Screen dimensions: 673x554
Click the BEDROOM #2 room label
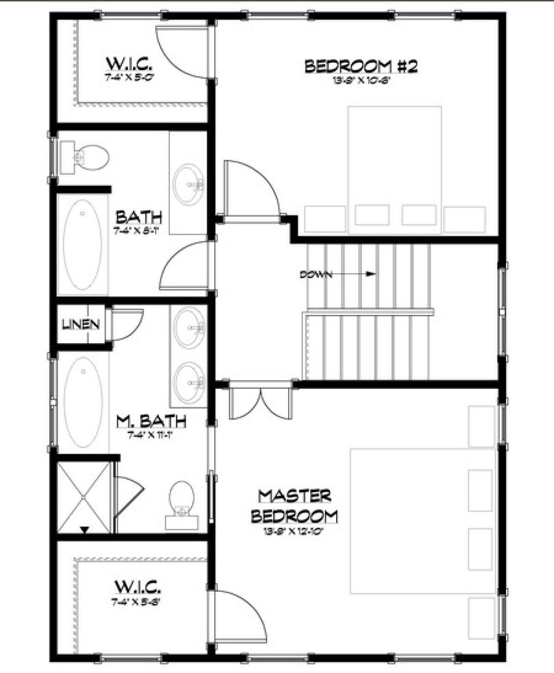[x=361, y=66]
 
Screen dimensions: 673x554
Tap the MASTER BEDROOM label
[x=294, y=506]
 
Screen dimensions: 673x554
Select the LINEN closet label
[x=81, y=324]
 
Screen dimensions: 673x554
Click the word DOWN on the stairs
[x=316, y=274]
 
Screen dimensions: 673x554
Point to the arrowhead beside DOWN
[x=370, y=274]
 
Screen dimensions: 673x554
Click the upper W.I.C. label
[x=130, y=62]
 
